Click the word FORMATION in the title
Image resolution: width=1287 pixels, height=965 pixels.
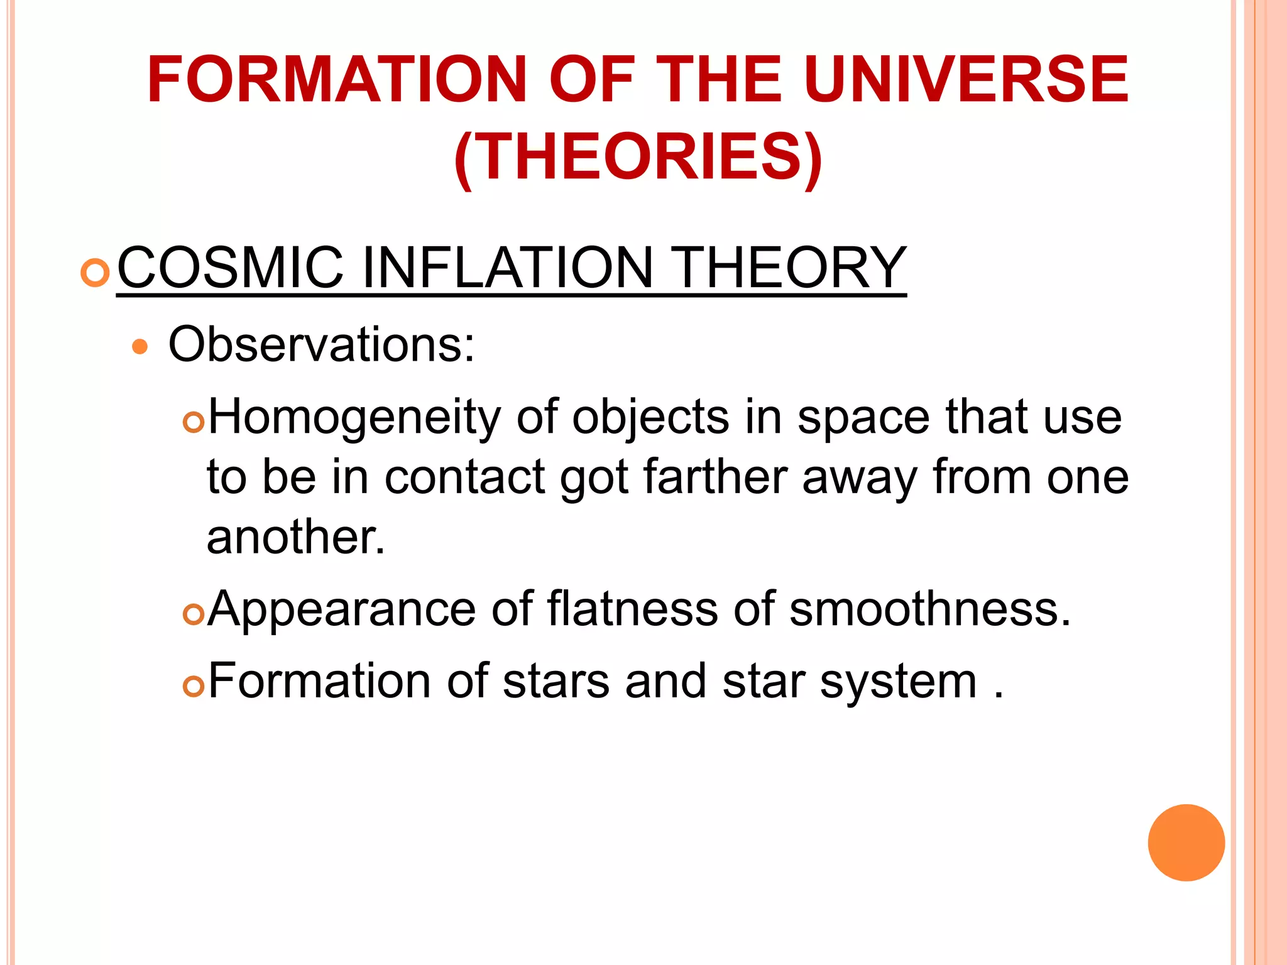click(336, 80)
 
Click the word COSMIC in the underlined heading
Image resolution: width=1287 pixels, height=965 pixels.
click(231, 268)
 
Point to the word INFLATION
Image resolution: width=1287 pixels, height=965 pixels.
click(508, 268)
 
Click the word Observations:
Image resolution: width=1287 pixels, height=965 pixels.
click(321, 344)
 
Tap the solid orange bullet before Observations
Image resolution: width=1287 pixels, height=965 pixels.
click(140, 347)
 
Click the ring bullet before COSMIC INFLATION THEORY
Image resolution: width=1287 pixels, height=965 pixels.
click(96, 273)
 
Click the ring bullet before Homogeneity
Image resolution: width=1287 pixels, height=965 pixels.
click(194, 423)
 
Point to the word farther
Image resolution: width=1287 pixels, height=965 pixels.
click(715, 477)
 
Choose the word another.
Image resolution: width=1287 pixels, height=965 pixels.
click(295, 537)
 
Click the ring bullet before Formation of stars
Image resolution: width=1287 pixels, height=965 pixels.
click(194, 687)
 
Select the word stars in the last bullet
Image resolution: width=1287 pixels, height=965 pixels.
click(556, 682)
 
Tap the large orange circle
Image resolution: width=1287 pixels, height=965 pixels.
click(1186, 842)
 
